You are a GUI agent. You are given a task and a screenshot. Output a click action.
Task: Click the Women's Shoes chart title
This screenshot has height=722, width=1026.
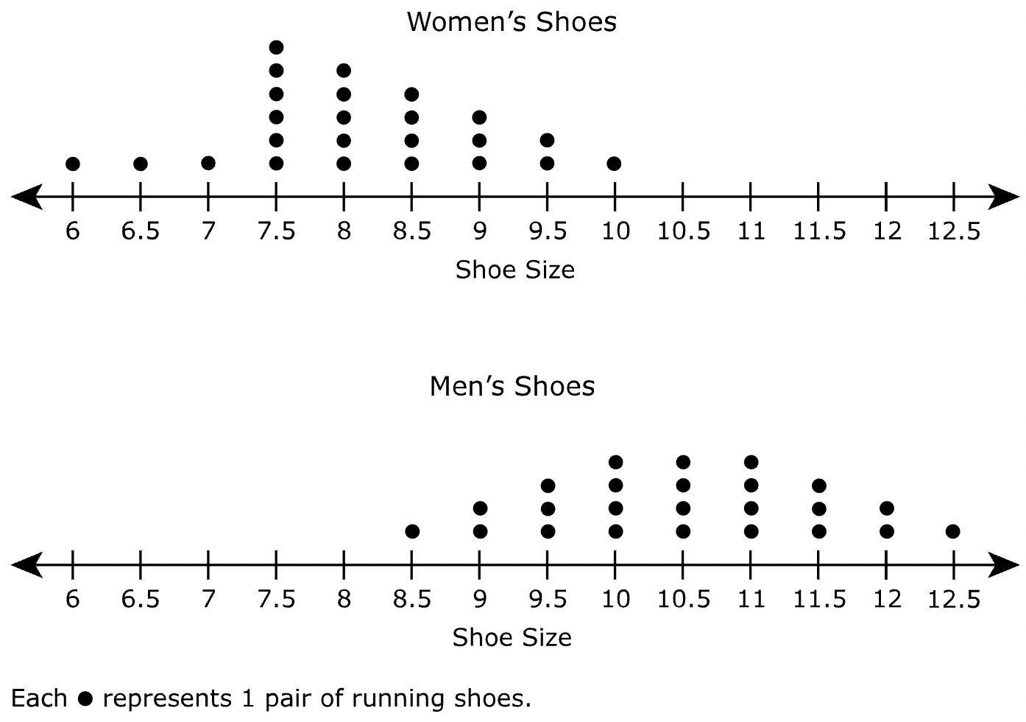click(x=512, y=22)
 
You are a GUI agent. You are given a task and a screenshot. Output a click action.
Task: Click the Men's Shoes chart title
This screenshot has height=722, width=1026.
click(x=512, y=386)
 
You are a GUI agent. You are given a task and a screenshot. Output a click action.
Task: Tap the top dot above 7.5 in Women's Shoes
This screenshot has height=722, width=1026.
click(x=276, y=48)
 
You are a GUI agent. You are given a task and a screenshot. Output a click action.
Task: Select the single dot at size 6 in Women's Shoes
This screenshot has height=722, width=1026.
click(x=72, y=164)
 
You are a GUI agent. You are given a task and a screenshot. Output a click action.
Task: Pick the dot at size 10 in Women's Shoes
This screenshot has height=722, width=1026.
click(x=615, y=164)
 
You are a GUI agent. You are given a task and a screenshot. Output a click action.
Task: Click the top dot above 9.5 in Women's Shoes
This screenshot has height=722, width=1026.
click(x=547, y=140)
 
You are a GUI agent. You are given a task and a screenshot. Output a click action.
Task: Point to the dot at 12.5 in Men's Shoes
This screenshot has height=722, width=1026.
click(x=953, y=531)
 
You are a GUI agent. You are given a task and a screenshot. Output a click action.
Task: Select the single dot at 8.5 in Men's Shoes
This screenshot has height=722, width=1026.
click(x=412, y=531)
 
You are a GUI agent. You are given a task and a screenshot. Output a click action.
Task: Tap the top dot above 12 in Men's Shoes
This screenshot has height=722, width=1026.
click(x=886, y=508)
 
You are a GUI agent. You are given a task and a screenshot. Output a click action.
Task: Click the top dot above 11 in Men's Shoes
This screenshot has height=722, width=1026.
click(x=751, y=462)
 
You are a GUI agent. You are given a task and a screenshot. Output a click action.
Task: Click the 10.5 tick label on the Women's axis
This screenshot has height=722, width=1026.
click(x=683, y=232)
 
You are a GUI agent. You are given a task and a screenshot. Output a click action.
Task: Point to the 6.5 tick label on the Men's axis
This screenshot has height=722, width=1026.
click(x=140, y=600)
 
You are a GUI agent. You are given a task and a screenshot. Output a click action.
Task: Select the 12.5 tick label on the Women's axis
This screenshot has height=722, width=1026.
click(x=954, y=232)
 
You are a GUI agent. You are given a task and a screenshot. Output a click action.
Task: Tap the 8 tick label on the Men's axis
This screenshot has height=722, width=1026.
click(x=344, y=600)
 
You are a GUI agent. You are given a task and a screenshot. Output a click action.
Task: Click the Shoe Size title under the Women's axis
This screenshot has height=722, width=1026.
click(x=514, y=270)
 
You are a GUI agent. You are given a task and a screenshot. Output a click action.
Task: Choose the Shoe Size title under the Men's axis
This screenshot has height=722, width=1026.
click(x=512, y=637)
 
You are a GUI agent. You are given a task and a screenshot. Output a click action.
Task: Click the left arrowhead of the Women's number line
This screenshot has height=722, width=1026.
click(x=26, y=197)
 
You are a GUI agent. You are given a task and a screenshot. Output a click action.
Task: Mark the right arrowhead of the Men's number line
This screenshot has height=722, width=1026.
click(x=1005, y=565)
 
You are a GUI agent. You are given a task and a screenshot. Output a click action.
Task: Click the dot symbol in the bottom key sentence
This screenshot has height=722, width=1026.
click(x=85, y=698)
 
